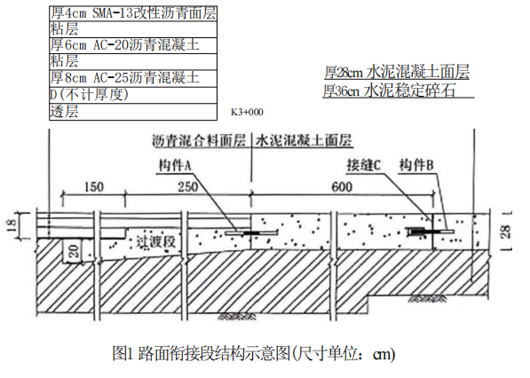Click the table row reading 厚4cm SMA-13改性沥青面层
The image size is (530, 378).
[x=133, y=13]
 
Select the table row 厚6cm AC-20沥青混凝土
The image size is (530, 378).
[x=133, y=45]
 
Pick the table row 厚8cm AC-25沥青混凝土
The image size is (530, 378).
[x=133, y=78]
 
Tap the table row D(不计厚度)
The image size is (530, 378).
[x=133, y=95]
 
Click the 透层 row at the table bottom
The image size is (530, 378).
[x=133, y=112]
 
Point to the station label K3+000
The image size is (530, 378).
[x=247, y=112]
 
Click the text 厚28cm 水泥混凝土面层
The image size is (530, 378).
[x=397, y=72]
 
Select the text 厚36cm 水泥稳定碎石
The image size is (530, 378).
[x=389, y=91]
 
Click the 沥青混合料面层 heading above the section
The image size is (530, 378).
[x=199, y=140]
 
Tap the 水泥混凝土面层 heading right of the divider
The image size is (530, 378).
[x=304, y=140]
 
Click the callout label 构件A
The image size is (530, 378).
[x=175, y=166]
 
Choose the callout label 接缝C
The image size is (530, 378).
[x=364, y=165]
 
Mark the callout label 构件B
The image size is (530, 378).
[x=416, y=165]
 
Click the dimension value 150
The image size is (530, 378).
[x=94, y=187]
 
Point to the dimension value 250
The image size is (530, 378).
[x=188, y=187]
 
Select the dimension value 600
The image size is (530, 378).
[x=342, y=187]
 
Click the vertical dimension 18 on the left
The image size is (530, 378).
[x=12, y=225]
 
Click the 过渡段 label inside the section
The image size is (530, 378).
[x=156, y=242]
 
